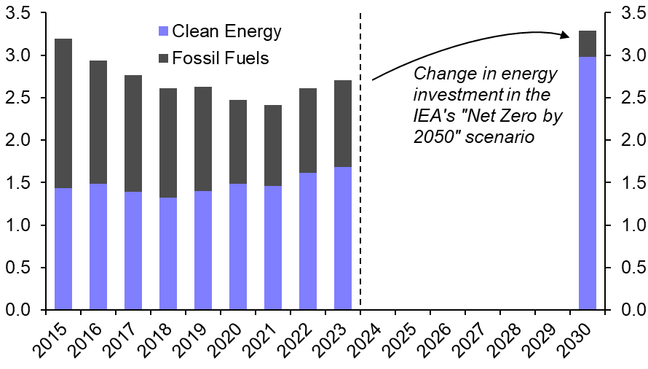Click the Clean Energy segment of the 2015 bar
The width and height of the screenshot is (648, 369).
[63, 249]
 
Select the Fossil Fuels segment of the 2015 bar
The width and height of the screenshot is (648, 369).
[63, 113]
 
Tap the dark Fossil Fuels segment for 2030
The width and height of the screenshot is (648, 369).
[588, 44]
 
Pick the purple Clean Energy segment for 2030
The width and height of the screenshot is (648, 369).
[588, 183]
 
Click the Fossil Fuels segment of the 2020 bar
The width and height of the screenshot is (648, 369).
[238, 141]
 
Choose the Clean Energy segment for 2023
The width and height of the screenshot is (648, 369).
[343, 238]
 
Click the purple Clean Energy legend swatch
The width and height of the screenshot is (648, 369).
[162, 31]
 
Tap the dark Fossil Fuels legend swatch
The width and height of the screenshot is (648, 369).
[162, 58]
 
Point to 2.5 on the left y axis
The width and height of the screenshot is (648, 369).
[16, 98]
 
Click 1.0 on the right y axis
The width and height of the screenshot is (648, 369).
[631, 225]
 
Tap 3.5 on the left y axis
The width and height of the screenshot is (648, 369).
[16, 12]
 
